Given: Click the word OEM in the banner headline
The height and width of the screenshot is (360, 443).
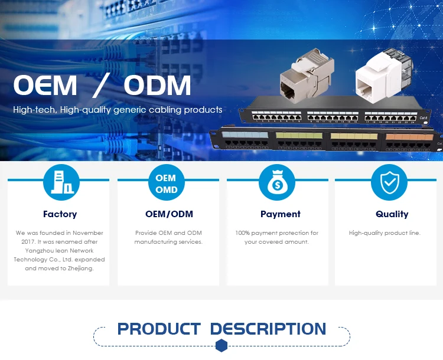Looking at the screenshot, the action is pos(45,86).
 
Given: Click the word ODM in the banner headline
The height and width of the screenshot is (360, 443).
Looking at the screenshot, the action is pos(158,86).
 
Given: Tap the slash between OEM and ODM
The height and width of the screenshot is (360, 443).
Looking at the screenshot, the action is pos(101,86).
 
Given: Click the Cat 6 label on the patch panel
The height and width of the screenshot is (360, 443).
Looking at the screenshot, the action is pos(423,118).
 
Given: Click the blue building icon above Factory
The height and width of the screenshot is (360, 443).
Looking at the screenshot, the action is pos(61,182).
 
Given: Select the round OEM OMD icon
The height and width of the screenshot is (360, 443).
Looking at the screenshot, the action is pos(166,183).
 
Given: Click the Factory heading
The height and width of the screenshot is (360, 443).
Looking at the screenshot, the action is pos(60,214).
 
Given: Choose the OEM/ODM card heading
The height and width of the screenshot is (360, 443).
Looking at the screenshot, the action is pos(169,214).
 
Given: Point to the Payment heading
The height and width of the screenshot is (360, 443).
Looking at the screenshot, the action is pos(281,214).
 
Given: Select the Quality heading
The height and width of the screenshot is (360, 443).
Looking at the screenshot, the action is pos(392,214).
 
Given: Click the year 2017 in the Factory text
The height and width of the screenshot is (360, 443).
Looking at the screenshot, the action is pos(32,242).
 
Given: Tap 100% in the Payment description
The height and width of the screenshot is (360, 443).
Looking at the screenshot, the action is pos(243,233).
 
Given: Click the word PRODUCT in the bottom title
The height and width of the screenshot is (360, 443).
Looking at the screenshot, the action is pos(159,329).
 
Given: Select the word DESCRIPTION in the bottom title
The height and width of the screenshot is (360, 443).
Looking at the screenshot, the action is pos(268,329).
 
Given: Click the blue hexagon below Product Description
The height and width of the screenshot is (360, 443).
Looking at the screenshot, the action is pos(221,345).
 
